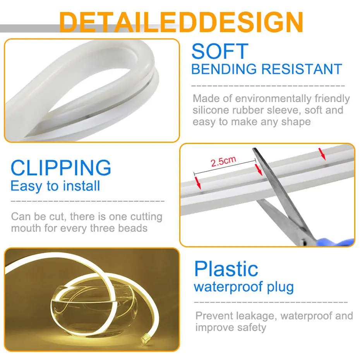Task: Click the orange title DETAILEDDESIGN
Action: click(x=181, y=22)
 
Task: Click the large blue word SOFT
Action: click(x=219, y=52)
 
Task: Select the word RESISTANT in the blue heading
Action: click(x=302, y=69)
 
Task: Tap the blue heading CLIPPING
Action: click(x=61, y=168)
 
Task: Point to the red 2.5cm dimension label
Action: click(x=223, y=161)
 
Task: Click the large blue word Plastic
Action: click(x=226, y=269)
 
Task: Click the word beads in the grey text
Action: click(x=133, y=228)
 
